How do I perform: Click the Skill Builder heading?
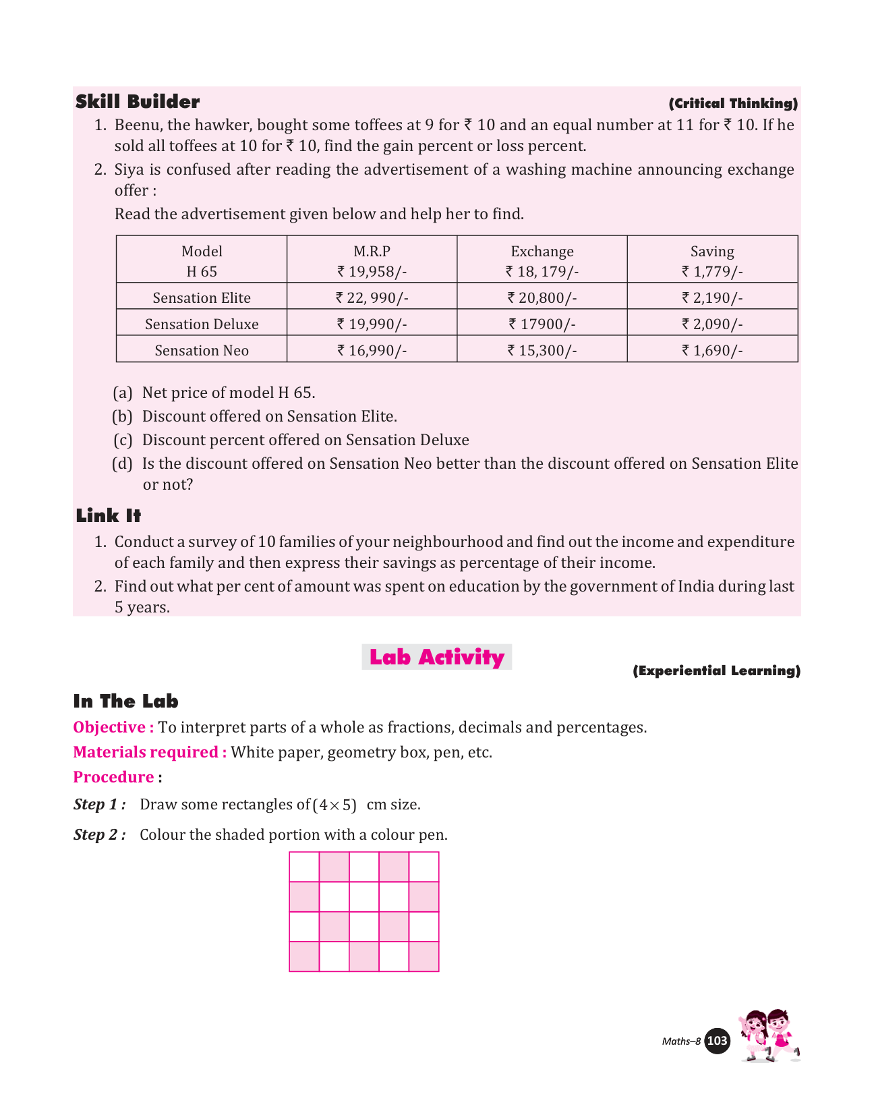point(138,102)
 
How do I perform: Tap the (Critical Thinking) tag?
point(733,103)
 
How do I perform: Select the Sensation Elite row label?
point(202,297)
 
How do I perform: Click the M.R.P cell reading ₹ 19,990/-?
point(372,324)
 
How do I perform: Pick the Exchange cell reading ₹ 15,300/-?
point(542,350)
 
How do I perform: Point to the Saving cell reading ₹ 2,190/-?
point(712,297)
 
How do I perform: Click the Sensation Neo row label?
point(202,350)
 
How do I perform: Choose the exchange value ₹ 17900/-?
point(542,324)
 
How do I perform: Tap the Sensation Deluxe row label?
point(202,324)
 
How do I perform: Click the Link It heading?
point(109,516)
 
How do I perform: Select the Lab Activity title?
point(436,657)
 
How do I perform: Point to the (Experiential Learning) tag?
point(716,670)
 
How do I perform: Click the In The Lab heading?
point(125,701)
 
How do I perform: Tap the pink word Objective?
point(109,727)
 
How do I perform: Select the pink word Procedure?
point(113,777)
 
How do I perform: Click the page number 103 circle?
point(717,1041)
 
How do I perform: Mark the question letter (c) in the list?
point(122,440)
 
